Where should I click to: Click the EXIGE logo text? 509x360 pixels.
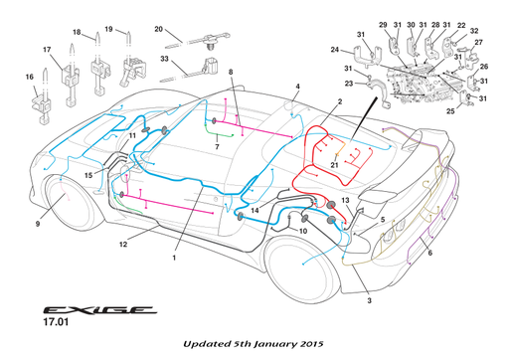pos(99,310)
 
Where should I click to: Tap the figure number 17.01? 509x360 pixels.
pos(56,322)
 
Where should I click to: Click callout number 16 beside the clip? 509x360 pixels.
pos(30,77)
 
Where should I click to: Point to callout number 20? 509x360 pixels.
pos(159,29)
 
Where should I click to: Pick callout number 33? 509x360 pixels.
pos(164,59)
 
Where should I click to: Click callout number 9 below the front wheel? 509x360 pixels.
pos(38,224)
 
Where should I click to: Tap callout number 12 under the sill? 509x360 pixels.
pos(123,245)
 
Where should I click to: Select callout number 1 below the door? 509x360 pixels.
pos(174,258)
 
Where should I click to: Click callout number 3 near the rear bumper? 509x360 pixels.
pos(369,300)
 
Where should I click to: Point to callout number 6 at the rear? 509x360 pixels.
pos(430,253)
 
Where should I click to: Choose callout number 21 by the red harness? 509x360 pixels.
pos(334,165)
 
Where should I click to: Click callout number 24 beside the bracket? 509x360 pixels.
pos(335,50)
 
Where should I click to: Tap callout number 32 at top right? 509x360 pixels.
pos(474,31)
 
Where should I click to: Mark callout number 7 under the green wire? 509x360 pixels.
pos(217,146)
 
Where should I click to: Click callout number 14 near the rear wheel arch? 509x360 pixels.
pos(254,210)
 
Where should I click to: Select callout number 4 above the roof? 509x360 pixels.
pos(297,87)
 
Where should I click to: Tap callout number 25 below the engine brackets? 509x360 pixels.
pos(450,111)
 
